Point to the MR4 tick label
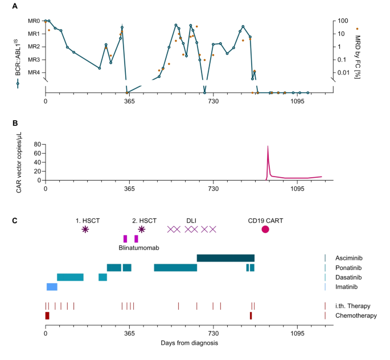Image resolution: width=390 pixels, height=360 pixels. click(34, 72)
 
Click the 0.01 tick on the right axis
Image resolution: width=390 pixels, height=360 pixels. click(343, 72)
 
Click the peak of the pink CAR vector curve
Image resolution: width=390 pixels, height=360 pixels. click(268, 147)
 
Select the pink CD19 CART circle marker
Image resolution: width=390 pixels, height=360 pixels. click(265, 229)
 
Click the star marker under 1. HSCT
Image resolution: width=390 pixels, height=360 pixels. click(85, 229)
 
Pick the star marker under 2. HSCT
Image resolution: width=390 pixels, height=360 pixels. click(141, 229)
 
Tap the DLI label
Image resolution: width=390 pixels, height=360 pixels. click(191, 220)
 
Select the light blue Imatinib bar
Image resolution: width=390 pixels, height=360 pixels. click(52, 287)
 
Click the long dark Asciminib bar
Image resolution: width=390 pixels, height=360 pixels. click(225, 258)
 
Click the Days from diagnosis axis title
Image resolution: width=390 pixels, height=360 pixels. click(187, 343)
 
